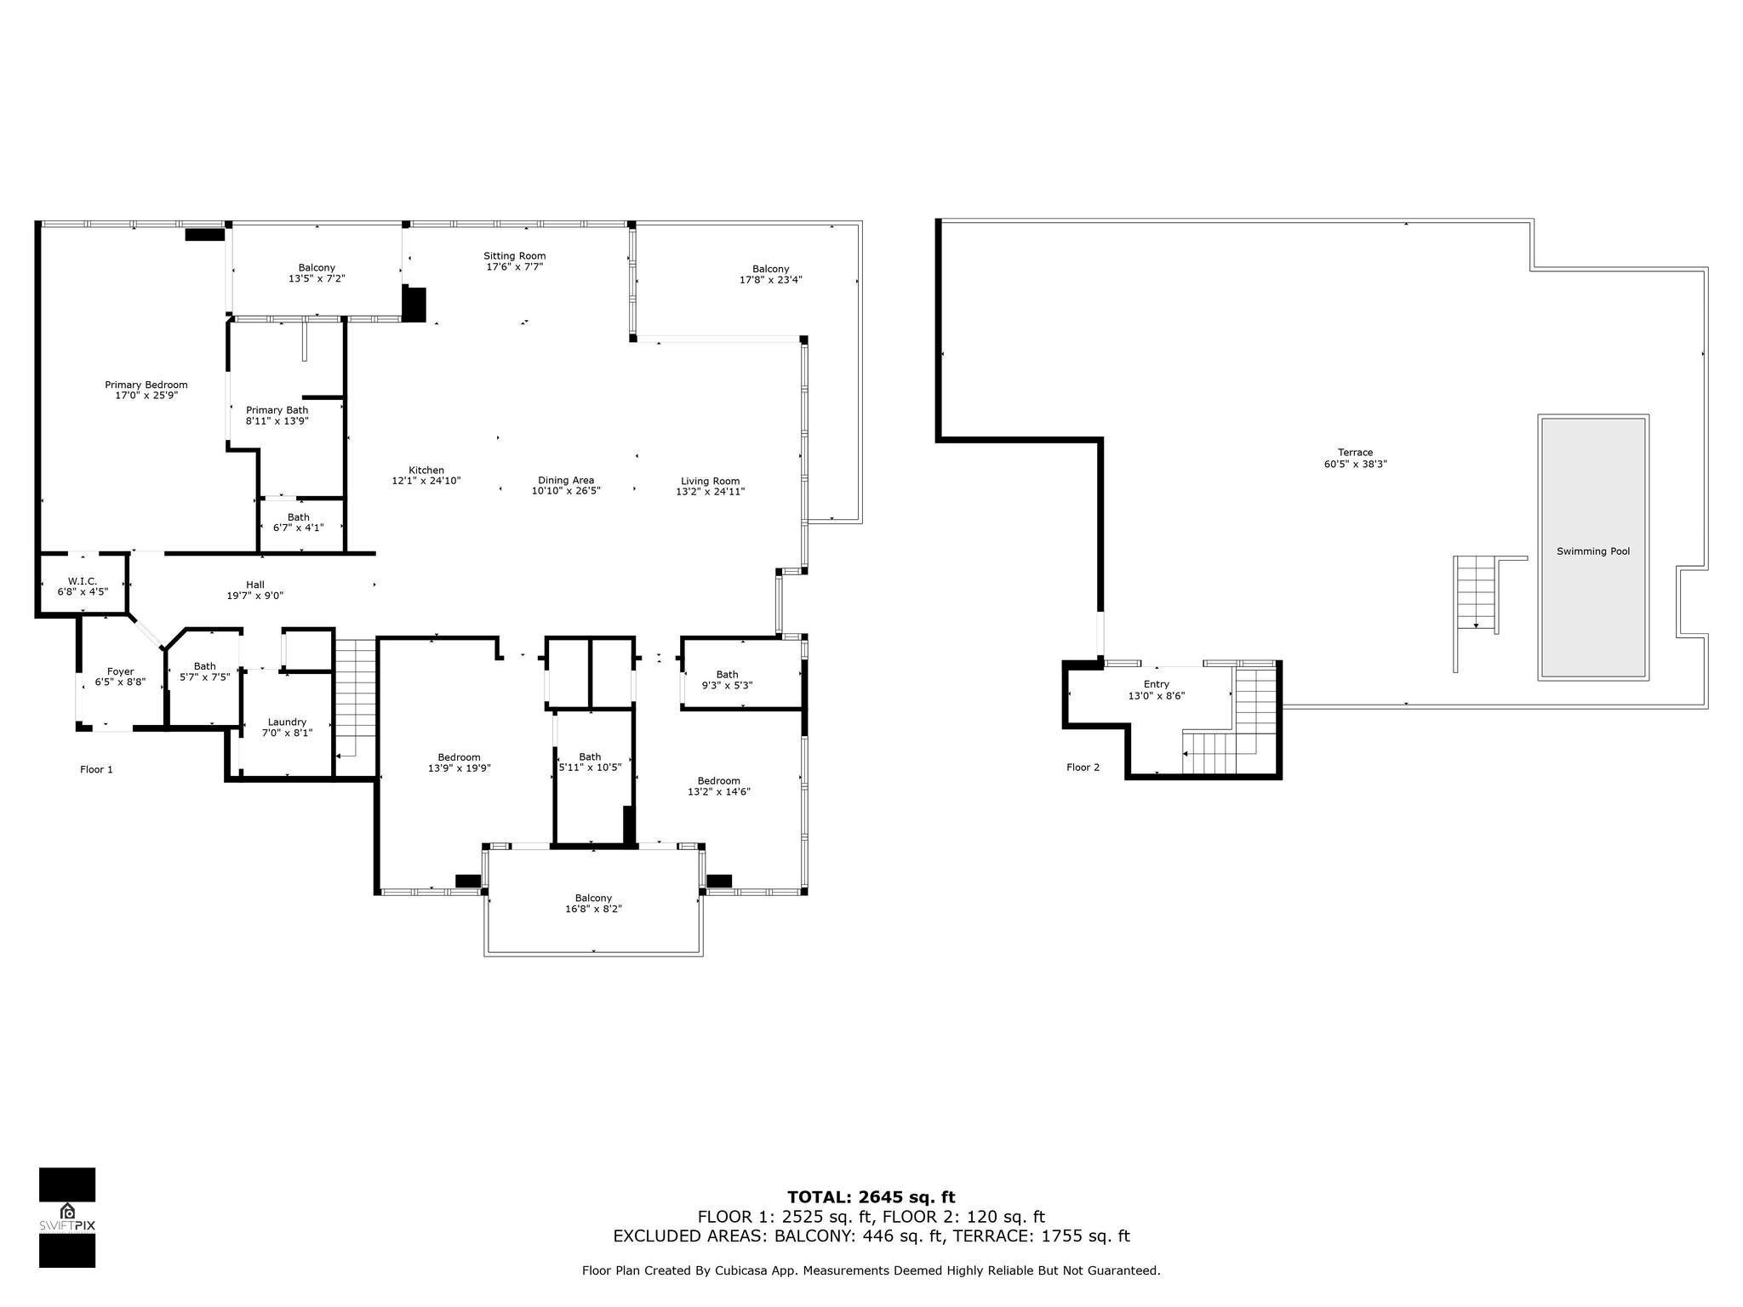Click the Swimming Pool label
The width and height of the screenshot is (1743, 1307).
pos(1592,551)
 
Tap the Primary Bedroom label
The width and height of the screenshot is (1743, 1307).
pos(146,385)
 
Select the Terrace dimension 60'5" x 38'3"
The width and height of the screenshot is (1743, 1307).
pos(1355,465)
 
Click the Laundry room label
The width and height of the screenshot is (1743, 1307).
pos(287,722)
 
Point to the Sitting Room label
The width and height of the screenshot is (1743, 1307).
pos(514,256)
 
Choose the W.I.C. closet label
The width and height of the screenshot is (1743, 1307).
pos(83,581)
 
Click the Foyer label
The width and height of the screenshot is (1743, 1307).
pos(120,671)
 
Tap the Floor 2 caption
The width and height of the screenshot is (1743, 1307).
pos(1083,768)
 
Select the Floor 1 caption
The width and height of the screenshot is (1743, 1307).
pos(96,769)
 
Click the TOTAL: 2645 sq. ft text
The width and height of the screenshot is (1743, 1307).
pos(871,1197)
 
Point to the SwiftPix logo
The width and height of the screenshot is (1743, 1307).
pos(67,1217)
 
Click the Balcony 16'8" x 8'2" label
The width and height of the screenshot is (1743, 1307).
pos(593,904)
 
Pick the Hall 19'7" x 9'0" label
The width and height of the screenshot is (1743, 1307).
pos(254,591)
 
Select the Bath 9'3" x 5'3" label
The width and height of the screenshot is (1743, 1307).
pos(727,680)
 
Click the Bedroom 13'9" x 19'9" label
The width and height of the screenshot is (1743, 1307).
pos(459,762)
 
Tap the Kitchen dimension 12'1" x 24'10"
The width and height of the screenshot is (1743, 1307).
pos(426,481)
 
